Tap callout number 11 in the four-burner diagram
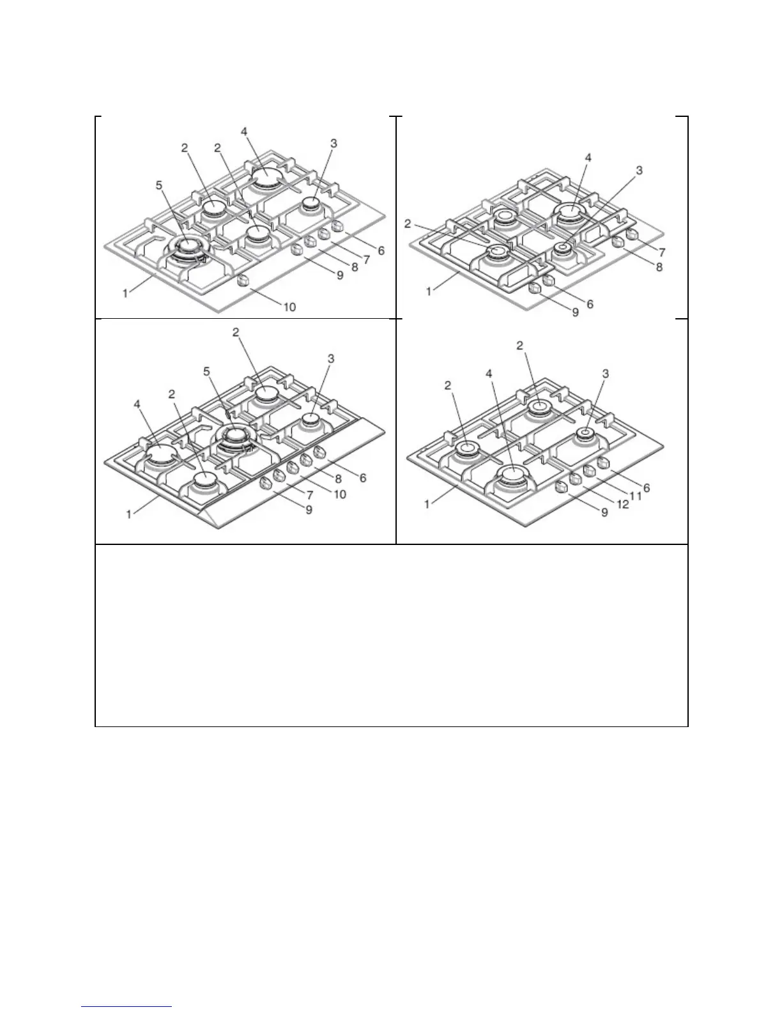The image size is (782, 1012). pos(634,496)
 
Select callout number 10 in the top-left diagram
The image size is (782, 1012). pos(289,307)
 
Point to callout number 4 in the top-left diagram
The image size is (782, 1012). pos(244,132)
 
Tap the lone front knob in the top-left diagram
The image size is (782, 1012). pos(243,280)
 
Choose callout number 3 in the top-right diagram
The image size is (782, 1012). pos(640,170)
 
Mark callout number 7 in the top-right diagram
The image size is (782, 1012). pos(663,253)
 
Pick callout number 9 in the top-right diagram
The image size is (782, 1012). pos(575,312)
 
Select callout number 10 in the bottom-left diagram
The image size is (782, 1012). pos(341,494)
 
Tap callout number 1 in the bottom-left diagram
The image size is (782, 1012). pos(129,514)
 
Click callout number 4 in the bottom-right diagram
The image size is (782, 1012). pos(489,371)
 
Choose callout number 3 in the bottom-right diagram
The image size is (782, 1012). pos(606,372)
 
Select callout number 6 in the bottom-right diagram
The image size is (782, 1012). pos(646,487)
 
